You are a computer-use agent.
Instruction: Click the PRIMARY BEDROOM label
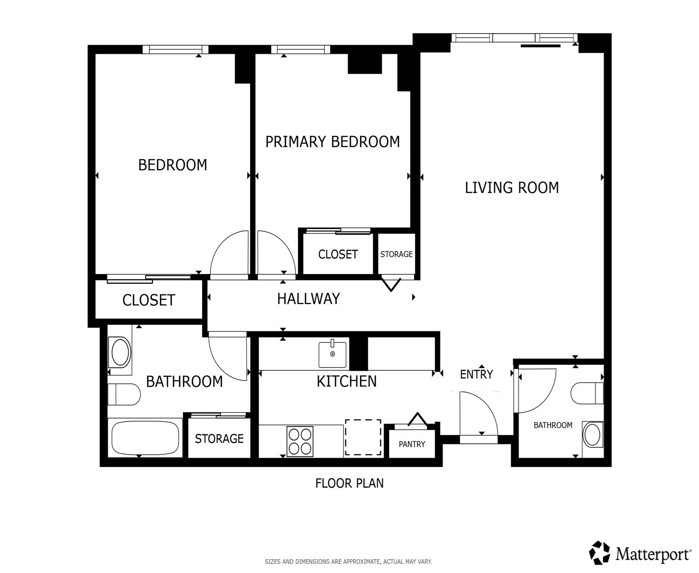click(332, 142)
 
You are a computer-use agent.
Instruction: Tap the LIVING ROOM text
click(511, 187)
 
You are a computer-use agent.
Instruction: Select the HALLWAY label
click(308, 298)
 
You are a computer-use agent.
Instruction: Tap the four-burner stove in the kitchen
click(300, 441)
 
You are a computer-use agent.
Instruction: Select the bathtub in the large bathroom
click(145, 438)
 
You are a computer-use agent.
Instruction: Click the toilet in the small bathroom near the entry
click(586, 393)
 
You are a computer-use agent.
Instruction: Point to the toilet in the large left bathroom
click(124, 394)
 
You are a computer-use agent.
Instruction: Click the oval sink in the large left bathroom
click(120, 352)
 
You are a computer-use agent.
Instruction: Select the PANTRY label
click(412, 444)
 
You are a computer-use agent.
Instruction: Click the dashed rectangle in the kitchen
click(363, 437)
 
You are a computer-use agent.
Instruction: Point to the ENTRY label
click(476, 374)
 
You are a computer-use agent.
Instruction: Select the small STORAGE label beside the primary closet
click(396, 254)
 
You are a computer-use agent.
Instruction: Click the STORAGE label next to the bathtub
click(219, 438)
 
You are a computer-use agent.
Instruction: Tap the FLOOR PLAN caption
click(349, 483)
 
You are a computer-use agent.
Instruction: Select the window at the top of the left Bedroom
click(175, 49)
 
